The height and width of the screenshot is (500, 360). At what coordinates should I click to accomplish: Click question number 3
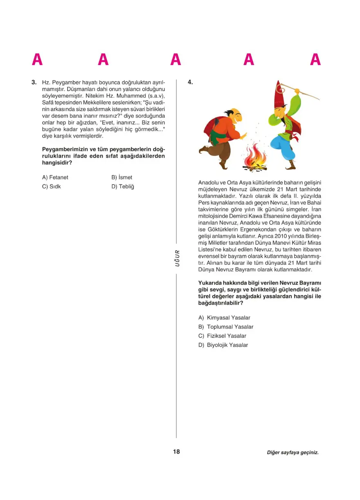[x=34, y=82]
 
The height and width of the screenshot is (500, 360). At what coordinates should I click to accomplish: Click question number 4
[x=190, y=82]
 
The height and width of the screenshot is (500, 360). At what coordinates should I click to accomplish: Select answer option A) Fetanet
[x=55, y=177]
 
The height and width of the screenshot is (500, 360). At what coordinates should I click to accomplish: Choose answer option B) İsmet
[x=122, y=177]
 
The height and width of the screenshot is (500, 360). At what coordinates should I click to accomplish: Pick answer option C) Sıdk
[x=52, y=186]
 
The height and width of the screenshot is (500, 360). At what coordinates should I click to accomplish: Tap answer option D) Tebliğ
[x=123, y=186]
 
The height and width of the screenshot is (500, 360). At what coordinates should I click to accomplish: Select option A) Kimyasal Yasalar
[x=224, y=318]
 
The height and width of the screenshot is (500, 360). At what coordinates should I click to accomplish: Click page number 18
[x=176, y=452]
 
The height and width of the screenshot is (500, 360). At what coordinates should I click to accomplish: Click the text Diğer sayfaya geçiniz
[x=292, y=453]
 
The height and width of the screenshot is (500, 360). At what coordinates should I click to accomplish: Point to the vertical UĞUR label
[x=177, y=258]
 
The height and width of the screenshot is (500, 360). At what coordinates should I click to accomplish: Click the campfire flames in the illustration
[x=254, y=158]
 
